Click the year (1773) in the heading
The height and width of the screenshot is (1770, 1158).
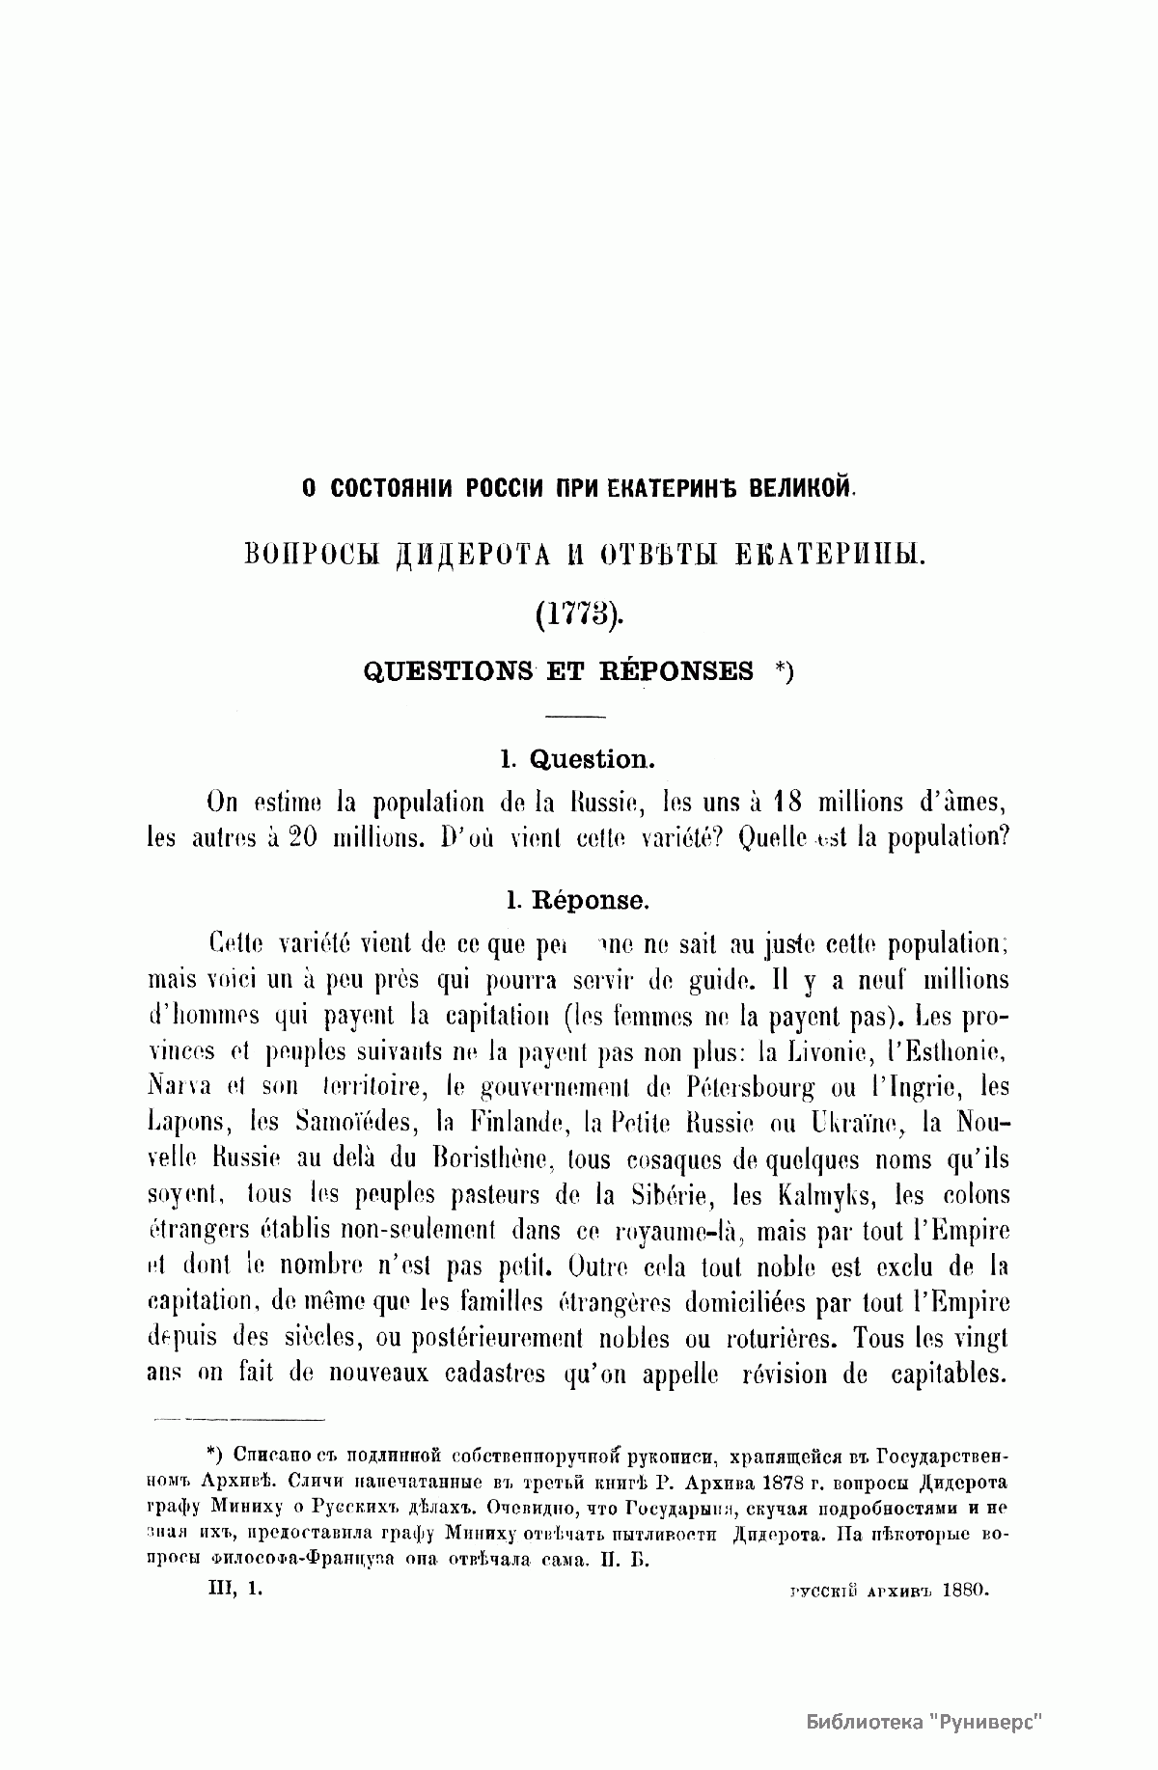[x=577, y=613]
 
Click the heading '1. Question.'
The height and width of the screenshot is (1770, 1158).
[x=577, y=759]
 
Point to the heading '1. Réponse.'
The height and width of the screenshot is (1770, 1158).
[x=577, y=900]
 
